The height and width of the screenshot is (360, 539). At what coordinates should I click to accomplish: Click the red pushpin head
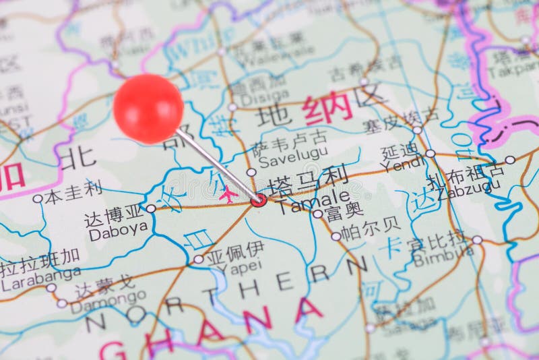148,109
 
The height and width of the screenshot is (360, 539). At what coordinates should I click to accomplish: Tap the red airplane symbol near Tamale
228,195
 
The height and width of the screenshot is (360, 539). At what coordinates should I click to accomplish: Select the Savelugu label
284,160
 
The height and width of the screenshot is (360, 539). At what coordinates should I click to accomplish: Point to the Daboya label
118,229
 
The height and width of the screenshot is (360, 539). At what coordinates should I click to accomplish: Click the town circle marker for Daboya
151,209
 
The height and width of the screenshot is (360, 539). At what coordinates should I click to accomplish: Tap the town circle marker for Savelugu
251,173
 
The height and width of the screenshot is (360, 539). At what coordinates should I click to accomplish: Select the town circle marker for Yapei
198,259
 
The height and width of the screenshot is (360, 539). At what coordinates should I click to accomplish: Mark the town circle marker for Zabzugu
510,160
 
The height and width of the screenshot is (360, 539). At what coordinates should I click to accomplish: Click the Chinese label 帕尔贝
369,231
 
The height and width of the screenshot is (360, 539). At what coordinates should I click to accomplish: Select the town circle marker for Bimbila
477,239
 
